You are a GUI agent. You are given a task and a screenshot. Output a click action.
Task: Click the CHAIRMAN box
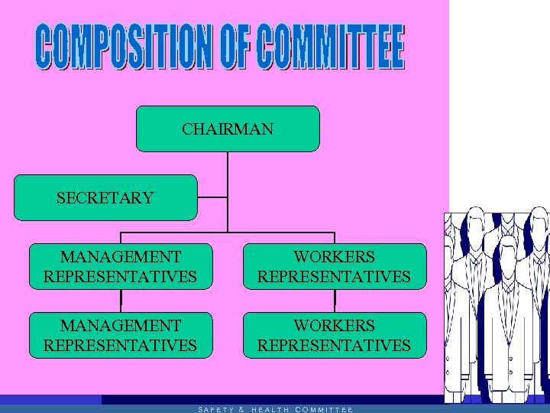228,128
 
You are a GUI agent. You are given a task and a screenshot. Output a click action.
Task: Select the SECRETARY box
105,197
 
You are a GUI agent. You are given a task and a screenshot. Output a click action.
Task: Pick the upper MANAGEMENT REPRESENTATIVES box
121,266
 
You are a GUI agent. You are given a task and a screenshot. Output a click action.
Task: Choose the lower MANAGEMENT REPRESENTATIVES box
121,335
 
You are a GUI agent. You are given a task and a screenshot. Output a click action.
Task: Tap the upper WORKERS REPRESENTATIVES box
335,266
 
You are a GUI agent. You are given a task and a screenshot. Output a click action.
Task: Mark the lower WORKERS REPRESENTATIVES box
335,335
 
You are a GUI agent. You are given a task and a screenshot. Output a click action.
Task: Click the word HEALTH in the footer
270,409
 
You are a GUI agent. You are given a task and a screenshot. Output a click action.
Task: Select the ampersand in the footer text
241,409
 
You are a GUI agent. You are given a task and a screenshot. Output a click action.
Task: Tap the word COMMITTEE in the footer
323,409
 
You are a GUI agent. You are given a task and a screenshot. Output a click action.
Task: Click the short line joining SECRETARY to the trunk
212,197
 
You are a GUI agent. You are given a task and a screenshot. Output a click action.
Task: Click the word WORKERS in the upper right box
335,257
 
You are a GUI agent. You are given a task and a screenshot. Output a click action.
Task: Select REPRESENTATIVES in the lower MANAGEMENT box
121,345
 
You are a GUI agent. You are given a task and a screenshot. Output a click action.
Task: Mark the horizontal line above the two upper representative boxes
228,232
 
